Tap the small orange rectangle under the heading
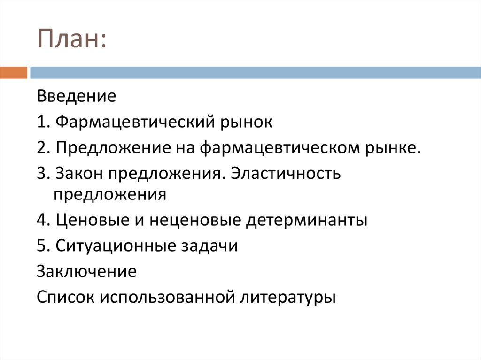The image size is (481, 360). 14,73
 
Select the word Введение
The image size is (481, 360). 76,97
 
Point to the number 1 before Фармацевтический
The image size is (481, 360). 41,123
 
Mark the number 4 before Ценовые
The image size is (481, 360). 41,220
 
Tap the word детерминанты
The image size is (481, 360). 306,220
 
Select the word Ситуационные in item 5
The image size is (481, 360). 115,246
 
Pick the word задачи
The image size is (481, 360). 209,246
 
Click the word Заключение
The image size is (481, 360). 87,271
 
